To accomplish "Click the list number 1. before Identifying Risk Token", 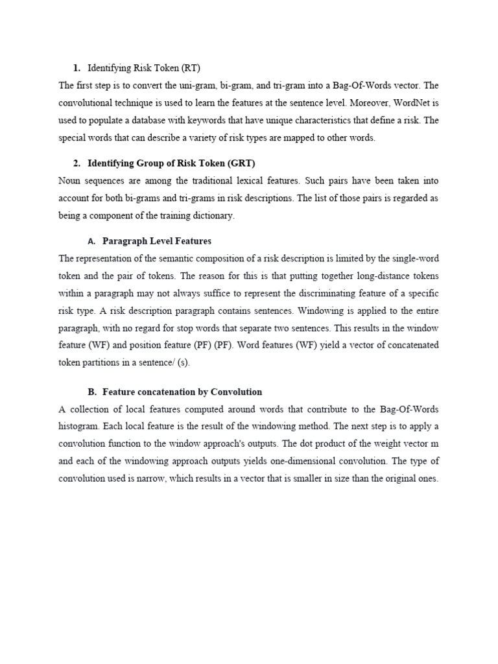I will tap(77, 67).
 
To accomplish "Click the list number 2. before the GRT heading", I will tap(77, 163).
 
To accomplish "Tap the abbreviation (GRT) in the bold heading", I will tap(246, 163).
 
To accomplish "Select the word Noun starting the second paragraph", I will tap(70, 180).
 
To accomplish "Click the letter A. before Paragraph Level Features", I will tap(91, 241).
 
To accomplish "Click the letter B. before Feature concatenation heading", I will tap(91, 392).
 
